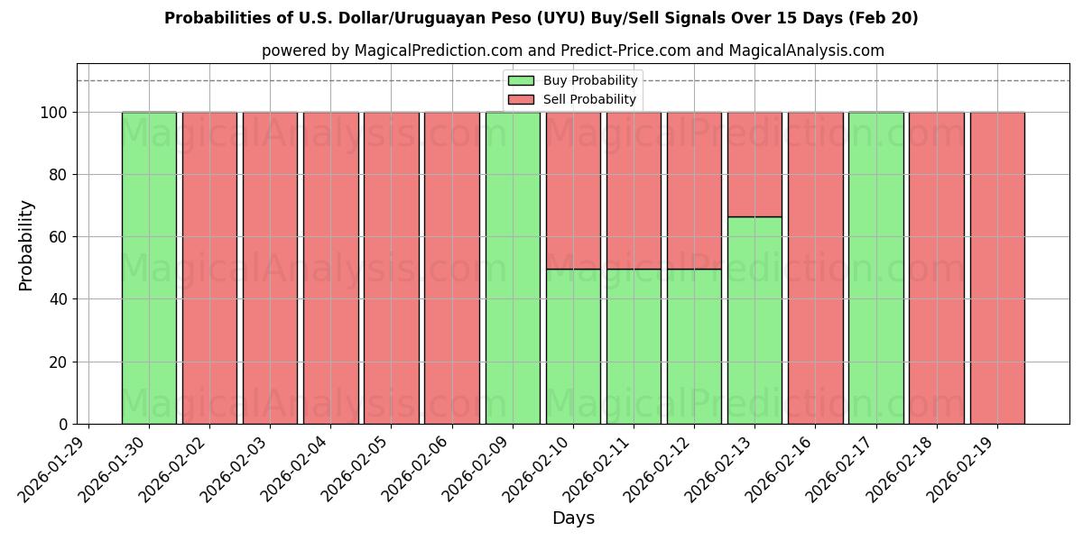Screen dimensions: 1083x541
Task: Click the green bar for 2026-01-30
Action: pos(149,268)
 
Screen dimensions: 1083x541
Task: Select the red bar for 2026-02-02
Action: pos(209,268)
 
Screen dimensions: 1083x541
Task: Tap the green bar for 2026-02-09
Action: pos(513,268)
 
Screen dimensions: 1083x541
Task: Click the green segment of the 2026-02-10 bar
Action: pos(573,346)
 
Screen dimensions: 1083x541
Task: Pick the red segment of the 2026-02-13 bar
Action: pos(754,164)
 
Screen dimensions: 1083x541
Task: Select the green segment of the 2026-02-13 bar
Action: pos(754,320)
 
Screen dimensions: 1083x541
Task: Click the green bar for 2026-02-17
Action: pos(875,268)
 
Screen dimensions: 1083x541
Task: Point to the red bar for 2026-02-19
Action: pos(997,268)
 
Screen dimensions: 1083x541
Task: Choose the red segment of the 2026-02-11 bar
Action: pos(634,190)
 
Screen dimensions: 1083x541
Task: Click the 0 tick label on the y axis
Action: pos(64,424)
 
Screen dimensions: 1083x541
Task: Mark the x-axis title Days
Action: pos(573,518)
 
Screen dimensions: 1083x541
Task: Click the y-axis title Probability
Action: pos(26,244)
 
